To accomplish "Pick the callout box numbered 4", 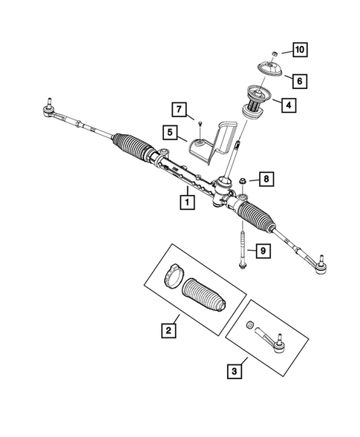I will click(289, 105).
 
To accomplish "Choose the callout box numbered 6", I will click(299, 79).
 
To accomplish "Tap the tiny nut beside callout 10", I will click(275, 53).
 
